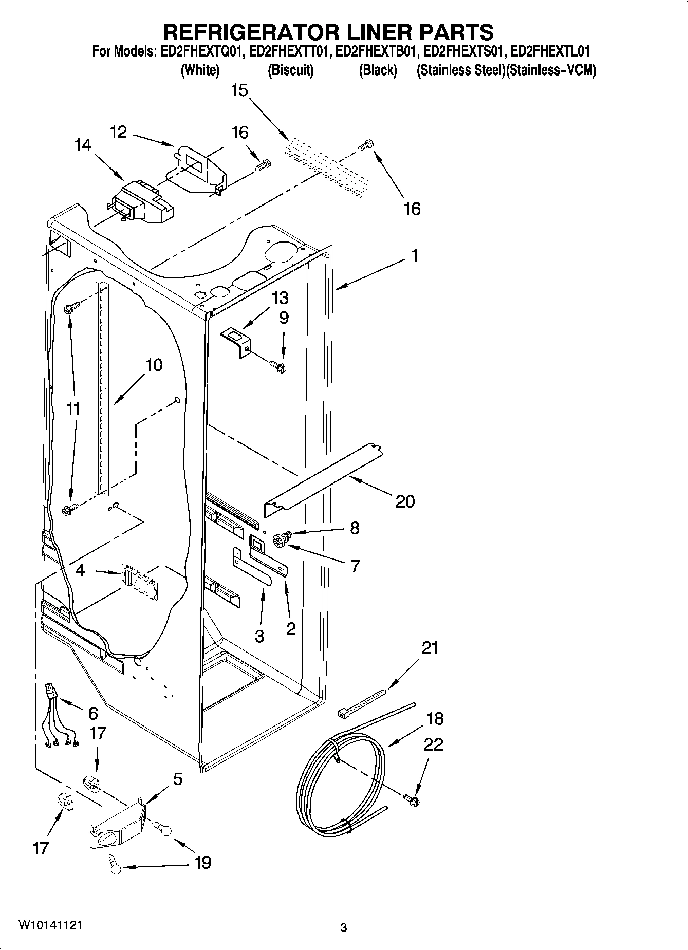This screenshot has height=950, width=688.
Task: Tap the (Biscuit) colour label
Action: coord(290,70)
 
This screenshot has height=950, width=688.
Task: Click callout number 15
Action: coord(239,90)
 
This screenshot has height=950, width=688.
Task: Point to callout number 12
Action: coord(118,132)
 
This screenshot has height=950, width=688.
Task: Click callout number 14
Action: coord(82,145)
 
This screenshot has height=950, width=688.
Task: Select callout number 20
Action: coord(405,501)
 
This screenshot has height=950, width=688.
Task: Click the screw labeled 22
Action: coord(411,799)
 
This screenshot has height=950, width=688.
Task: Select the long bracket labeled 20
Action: coord(324,475)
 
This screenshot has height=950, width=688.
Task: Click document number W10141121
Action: coord(49,925)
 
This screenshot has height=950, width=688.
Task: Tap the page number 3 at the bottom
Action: coord(344,927)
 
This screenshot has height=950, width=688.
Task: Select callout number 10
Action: coord(154,365)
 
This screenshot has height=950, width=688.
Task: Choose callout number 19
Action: coord(203,862)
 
